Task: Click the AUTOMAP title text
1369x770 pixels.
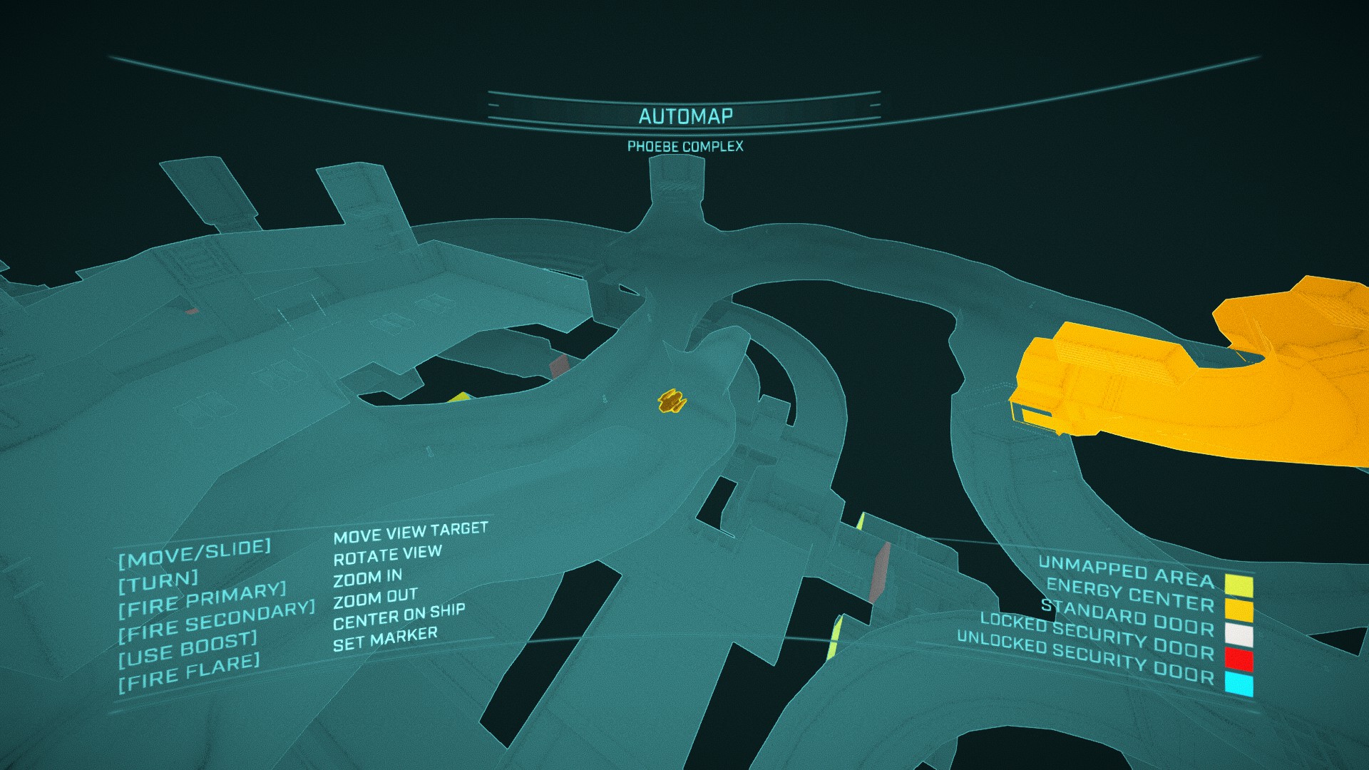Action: pos(685,116)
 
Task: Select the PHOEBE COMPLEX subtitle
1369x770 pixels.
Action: pos(685,146)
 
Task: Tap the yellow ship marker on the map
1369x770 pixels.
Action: pos(670,401)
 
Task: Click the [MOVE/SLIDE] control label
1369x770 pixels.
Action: pos(195,553)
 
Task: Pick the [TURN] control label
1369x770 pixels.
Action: pos(158,582)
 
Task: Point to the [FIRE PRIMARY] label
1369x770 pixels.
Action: pos(202,600)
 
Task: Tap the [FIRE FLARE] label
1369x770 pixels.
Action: pos(189,672)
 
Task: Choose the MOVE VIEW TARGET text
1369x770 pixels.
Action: pos(411,532)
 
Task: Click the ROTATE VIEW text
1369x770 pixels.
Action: pos(387,555)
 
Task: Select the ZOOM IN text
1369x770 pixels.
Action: pos(367,577)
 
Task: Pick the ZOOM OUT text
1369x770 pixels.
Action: pos(375,598)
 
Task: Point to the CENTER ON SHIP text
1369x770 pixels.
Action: pos(399,617)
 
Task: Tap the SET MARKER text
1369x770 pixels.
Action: pos(385,639)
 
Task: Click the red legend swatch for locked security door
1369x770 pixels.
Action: pos(1239,659)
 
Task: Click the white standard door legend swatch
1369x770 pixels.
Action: pos(1239,635)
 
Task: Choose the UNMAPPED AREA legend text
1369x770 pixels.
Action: pos(1126,570)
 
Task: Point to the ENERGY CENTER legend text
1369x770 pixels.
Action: pos(1129,595)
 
